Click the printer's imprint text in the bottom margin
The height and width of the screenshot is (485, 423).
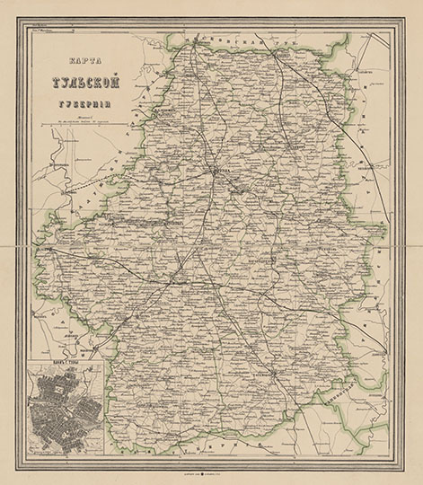point(211,468)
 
